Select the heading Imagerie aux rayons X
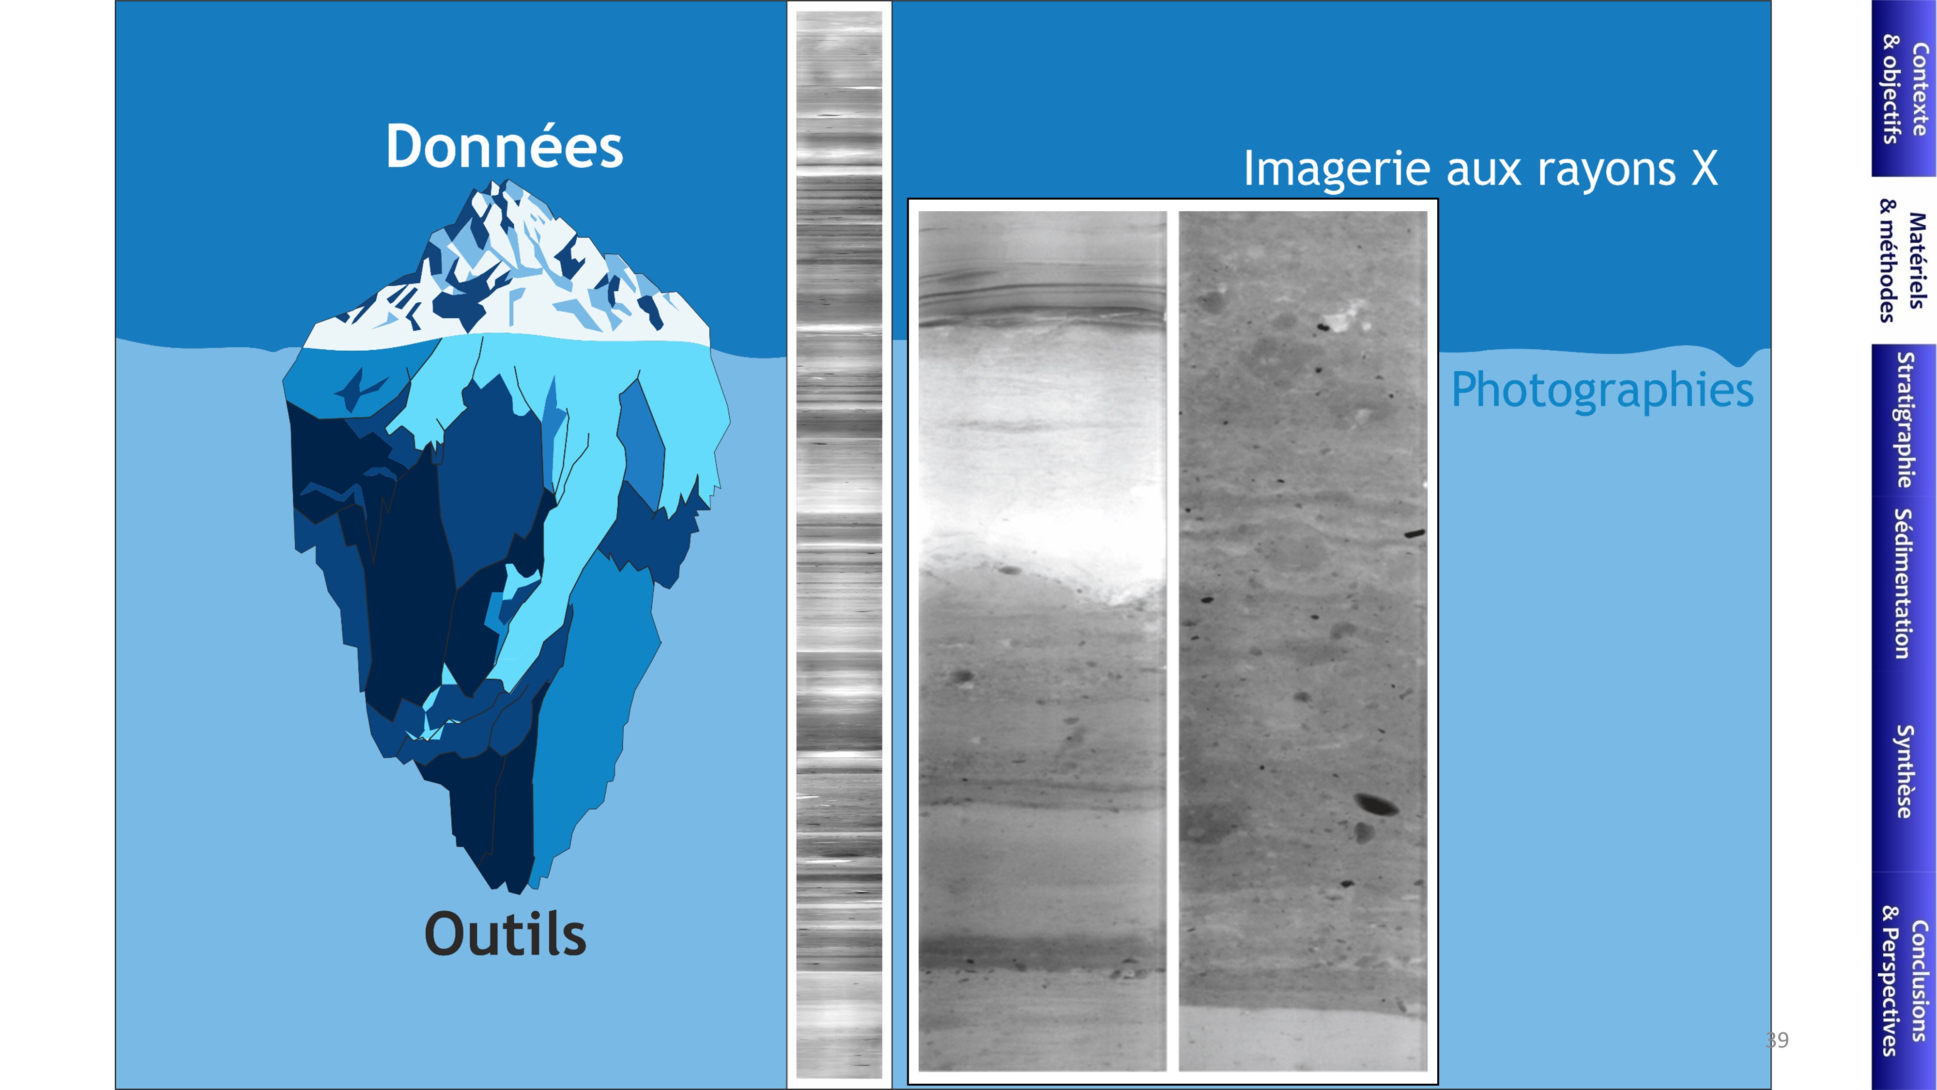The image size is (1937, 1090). [1480, 169]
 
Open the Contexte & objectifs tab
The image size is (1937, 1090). [1904, 89]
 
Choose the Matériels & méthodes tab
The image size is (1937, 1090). [1904, 260]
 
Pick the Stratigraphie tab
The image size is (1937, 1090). [1904, 420]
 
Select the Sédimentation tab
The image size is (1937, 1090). [1904, 583]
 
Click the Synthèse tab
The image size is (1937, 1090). [1904, 771]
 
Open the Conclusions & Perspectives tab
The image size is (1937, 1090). [1904, 981]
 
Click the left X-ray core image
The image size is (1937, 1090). [1042, 641]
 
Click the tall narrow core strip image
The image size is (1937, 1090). [839, 545]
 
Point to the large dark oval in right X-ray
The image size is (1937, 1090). [1376, 804]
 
